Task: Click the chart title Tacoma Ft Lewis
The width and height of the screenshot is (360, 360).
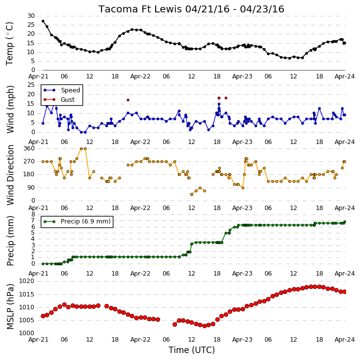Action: [x=140, y=9]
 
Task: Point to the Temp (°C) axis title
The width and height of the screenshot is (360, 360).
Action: [x=9, y=44]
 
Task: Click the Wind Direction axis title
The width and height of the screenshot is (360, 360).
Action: [x=10, y=175]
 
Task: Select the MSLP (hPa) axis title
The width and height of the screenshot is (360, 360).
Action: [x=10, y=306]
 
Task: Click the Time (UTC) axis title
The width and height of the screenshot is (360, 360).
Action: [x=191, y=350]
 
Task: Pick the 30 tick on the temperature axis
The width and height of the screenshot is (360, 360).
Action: [x=31, y=16]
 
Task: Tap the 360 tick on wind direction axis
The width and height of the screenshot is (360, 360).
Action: [x=29, y=148]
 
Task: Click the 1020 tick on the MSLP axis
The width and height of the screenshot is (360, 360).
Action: [x=27, y=281]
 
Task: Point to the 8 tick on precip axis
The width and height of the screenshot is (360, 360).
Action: [x=33, y=214]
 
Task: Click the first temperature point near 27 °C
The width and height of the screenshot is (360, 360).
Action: [x=43, y=21]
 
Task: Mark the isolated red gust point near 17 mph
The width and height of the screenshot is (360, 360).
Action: [x=128, y=100]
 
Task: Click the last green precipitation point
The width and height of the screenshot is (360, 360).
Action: [x=345, y=222]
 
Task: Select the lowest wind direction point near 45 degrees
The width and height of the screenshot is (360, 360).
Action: [x=191, y=195]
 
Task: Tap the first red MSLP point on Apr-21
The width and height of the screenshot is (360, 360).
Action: [x=43, y=316]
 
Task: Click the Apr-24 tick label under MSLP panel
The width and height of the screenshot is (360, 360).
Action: [x=345, y=340]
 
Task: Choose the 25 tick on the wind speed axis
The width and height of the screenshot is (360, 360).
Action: [x=31, y=85]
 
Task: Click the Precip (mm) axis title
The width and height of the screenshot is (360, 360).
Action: [x=10, y=241]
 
